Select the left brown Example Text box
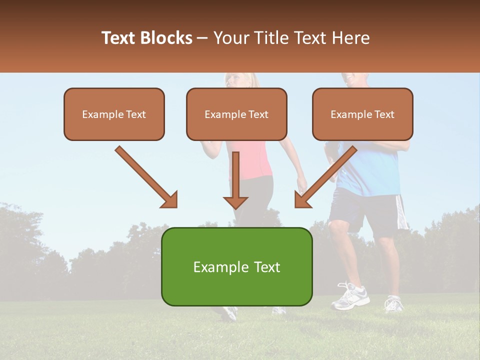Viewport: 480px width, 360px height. pos(114,114)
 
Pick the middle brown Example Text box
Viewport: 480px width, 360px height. pos(236,114)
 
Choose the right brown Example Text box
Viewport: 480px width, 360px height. pos(362,114)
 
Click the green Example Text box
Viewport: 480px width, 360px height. pos(236,266)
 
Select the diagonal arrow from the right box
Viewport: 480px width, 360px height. pos(325,177)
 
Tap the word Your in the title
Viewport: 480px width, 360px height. pos(231,38)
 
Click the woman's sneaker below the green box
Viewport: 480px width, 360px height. pos(228,313)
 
